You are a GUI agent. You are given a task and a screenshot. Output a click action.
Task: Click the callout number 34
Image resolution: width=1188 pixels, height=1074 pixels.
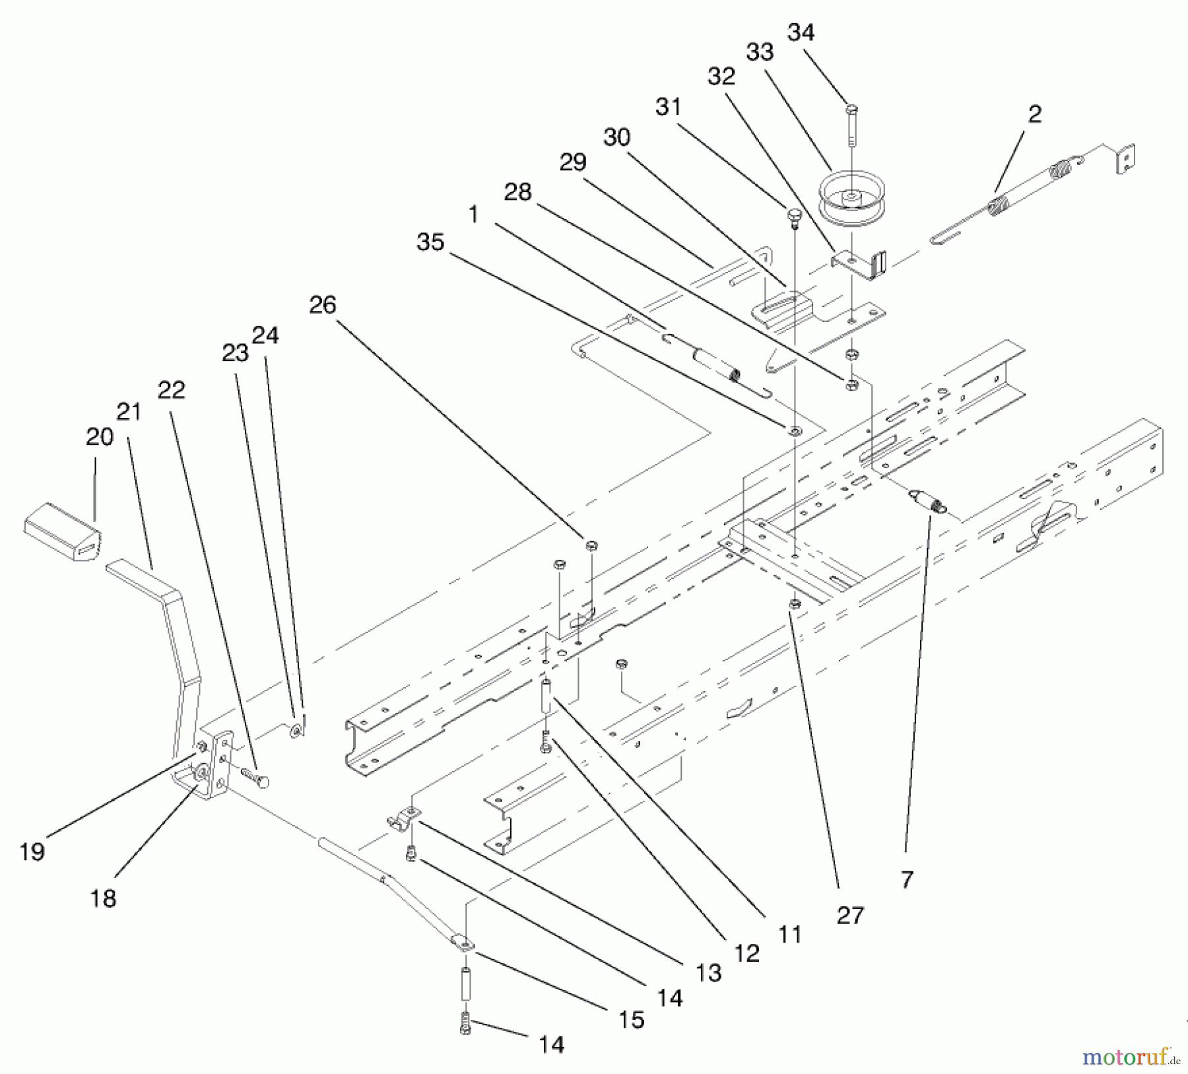(x=801, y=32)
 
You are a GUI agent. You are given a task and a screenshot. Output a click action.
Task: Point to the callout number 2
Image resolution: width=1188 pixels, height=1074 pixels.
(x=1034, y=114)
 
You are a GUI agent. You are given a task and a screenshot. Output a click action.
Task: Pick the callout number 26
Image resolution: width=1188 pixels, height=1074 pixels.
(x=322, y=305)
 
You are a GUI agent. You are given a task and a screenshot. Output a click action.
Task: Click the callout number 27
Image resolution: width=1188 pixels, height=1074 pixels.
(x=849, y=916)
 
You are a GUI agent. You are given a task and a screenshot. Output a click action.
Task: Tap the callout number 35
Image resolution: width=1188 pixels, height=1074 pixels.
(x=430, y=242)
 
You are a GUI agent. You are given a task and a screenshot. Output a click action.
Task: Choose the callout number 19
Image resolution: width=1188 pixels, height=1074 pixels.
(x=32, y=852)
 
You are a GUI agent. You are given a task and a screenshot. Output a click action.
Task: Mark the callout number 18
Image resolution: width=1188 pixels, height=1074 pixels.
(x=102, y=898)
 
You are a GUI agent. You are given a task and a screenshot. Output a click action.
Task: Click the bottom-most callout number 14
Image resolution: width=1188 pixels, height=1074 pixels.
(x=551, y=1044)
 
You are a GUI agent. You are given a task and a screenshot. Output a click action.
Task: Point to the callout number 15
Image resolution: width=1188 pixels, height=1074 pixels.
(x=631, y=1020)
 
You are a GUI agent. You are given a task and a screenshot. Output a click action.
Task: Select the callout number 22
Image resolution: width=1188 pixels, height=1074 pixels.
(x=171, y=390)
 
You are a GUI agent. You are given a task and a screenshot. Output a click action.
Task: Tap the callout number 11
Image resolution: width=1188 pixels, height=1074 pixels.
(x=789, y=935)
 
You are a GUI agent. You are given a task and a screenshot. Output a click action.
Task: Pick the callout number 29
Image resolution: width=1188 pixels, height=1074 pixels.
(x=572, y=162)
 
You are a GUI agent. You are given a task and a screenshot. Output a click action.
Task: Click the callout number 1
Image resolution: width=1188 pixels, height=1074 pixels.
(x=473, y=215)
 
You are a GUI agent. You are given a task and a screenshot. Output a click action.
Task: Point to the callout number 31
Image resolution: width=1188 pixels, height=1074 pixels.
(x=668, y=107)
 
